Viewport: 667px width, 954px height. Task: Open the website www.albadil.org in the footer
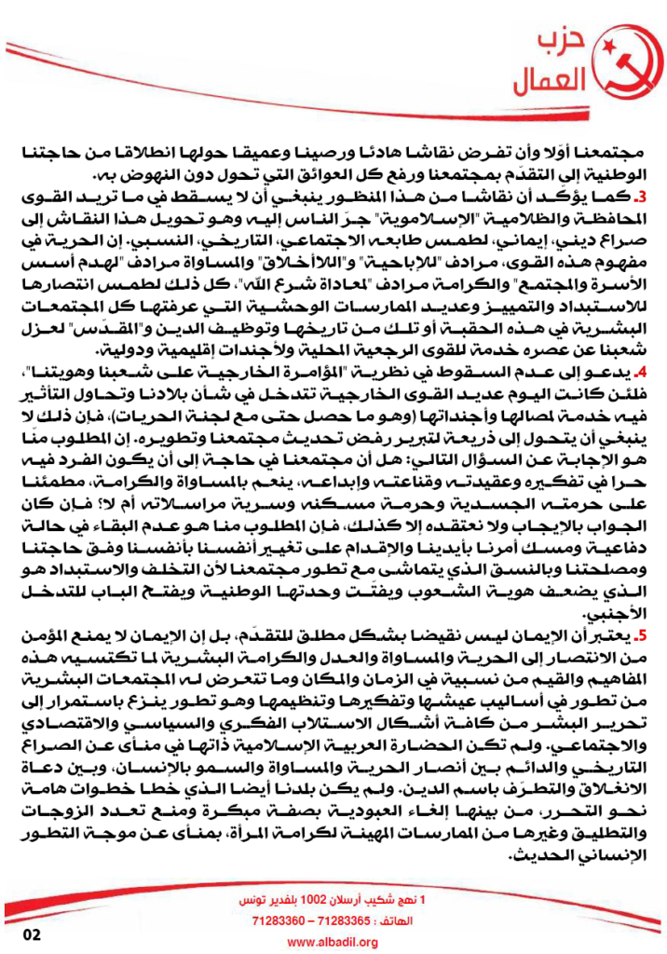point(333,943)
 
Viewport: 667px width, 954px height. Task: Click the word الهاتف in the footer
point(394,920)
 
